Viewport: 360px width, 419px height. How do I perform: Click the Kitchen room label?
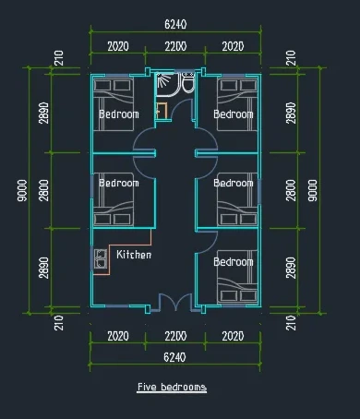134,255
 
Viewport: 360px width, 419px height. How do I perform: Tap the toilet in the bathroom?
187,82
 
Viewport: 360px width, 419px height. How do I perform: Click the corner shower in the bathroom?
167,84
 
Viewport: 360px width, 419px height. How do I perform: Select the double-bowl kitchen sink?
101,258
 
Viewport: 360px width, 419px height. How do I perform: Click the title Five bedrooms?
172,387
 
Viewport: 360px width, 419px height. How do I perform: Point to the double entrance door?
175,302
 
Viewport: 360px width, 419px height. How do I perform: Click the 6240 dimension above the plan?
175,24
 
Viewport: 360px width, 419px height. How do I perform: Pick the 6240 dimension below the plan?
174,357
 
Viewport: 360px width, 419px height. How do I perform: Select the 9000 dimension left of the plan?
22,191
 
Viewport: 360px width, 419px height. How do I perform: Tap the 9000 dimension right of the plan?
312,191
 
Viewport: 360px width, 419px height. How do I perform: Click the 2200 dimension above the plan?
175,46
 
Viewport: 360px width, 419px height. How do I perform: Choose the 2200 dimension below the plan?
175,336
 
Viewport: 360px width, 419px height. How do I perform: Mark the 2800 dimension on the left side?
43,191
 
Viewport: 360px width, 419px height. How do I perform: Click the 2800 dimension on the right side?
291,191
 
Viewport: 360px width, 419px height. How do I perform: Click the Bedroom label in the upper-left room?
119,114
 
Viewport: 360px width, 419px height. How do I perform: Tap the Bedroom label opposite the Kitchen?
234,262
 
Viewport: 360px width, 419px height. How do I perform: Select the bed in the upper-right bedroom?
237,104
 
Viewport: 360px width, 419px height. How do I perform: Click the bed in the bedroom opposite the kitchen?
237,277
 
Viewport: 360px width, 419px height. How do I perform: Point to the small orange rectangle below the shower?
162,111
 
